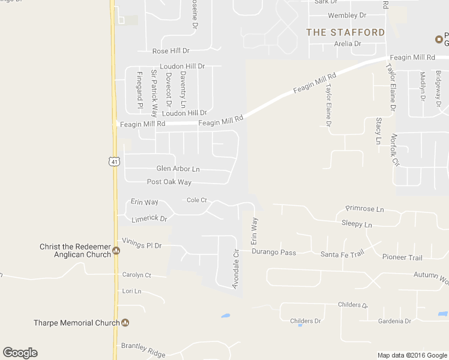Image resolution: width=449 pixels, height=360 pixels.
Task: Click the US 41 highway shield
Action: point(115,161)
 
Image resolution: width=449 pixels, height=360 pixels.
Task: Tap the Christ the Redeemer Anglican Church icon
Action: point(116,251)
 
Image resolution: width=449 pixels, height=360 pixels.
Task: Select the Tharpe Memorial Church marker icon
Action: point(125,323)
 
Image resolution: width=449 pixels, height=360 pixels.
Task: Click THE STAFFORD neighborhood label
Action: point(345,32)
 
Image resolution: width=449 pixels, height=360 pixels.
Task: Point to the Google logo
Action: point(20,353)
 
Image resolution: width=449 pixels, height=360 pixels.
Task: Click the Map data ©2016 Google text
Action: point(412,355)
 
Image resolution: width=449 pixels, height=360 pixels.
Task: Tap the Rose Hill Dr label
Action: point(170,52)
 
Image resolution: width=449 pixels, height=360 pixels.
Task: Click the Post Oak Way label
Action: point(169,182)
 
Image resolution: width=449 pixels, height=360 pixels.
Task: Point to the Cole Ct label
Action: point(196,200)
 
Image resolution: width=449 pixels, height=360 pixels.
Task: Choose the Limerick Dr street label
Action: point(149,218)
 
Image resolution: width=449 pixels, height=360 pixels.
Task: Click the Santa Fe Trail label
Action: point(342,254)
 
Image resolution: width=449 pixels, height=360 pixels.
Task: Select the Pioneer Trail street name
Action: point(402,257)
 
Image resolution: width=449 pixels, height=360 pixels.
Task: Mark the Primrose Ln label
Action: point(364,209)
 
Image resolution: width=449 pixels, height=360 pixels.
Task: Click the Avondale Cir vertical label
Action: point(236,269)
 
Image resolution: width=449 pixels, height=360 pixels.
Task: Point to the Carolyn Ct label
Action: point(136,275)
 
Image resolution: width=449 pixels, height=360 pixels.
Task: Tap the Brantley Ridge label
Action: point(143,350)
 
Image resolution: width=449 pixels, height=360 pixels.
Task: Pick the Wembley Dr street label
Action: point(347,15)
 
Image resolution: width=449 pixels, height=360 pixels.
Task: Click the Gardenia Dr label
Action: point(394,321)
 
